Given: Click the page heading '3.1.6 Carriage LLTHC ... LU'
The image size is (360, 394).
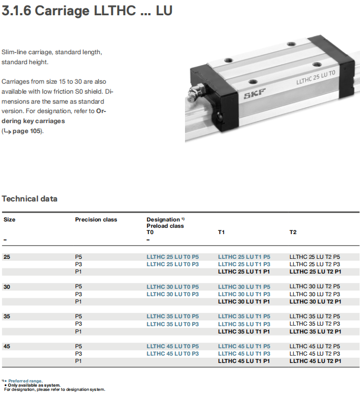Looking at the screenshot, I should (x=87, y=11).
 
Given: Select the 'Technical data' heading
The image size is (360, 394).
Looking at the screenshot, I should (x=30, y=199).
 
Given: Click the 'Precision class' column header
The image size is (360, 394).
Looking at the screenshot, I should (x=96, y=219).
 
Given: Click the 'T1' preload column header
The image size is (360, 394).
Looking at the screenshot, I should (x=221, y=232).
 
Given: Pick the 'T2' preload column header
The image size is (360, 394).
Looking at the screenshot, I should (x=293, y=232).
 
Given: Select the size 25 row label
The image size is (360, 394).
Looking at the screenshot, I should (x=6, y=257).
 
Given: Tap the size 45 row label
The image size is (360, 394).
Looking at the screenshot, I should (x=6, y=346).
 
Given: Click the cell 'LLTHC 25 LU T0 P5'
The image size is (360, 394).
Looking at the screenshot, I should (x=172, y=257).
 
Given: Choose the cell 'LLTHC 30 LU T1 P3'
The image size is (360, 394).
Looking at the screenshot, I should (x=244, y=294).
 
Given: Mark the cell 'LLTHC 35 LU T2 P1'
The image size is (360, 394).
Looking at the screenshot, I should (x=315, y=331).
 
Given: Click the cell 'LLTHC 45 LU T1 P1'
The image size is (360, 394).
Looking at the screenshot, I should (x=244, y=361).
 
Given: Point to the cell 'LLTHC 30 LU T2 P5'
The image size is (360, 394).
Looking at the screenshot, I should (x=315, y=287).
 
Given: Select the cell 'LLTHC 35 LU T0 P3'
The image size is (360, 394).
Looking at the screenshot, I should (x=172, y=324).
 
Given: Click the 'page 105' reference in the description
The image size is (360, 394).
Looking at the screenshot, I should (x=27, y=131).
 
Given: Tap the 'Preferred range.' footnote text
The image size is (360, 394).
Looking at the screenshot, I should (x=25, y=381).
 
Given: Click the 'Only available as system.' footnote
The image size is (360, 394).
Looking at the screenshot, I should (x=34, y=385).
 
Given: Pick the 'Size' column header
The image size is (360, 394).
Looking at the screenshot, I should (x=9, y=219).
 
